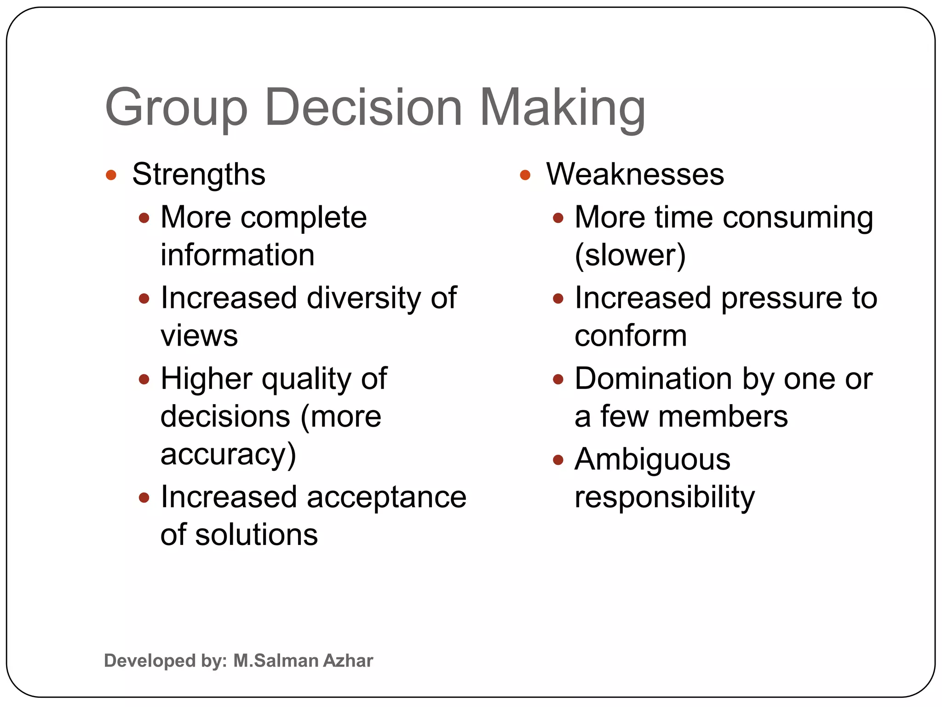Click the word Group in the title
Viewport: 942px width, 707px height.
[176, 108]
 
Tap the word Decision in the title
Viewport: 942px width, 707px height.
[363, 108]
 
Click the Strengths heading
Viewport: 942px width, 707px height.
[199, 175]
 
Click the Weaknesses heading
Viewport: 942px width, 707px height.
[635, 175]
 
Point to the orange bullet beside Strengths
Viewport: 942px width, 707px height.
[111, 175]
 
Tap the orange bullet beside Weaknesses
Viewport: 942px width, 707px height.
[525, 175]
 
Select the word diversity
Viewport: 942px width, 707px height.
[363, 298]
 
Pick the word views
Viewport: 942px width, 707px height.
[199, 336]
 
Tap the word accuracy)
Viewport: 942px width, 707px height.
[228, 455]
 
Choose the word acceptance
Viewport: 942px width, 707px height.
[386, 498]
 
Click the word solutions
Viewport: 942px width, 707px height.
[256, 535]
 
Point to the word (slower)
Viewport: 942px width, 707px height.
[630, 255]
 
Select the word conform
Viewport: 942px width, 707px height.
[631, 336]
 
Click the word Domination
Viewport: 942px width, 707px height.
[653, 379]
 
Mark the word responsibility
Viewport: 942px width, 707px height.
[665, 498]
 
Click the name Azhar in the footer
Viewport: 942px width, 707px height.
[348, 661]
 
